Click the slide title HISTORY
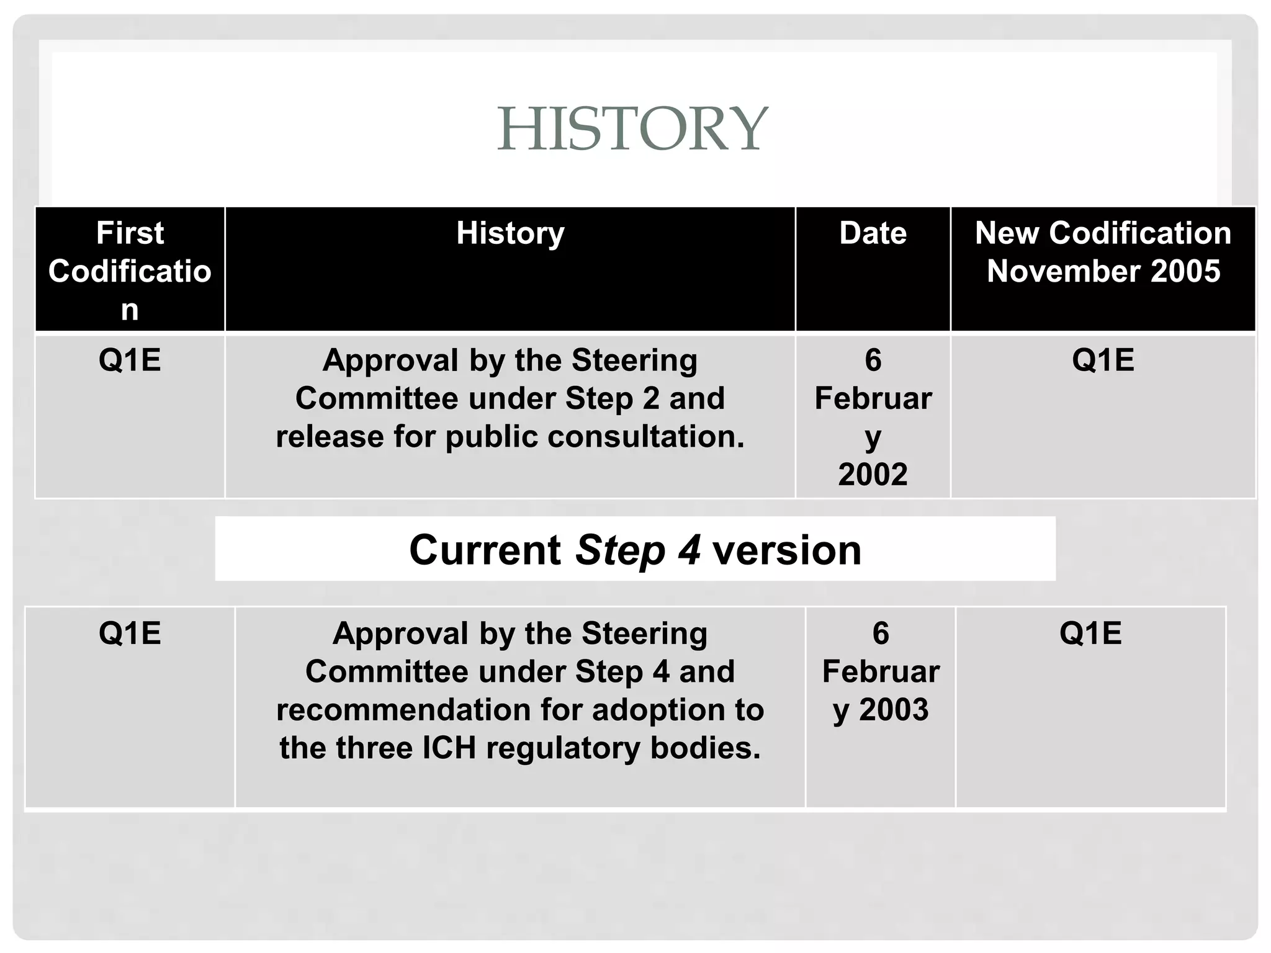click(632, 128)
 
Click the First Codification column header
click(130, 271)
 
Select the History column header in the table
click(510, 233)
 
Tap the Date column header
click(873, 233)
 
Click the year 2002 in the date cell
click(873, 475)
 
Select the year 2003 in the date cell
click(894, 709)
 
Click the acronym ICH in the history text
click(449, 748)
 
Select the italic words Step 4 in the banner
click(638, 550)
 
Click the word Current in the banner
click(485, 550)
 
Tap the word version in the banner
click(786, 550)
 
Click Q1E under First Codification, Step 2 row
click(130, 360)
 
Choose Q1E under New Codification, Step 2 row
click(1103, 360)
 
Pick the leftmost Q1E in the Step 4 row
click(130, 633)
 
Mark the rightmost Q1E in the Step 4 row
click(1090, 633)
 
